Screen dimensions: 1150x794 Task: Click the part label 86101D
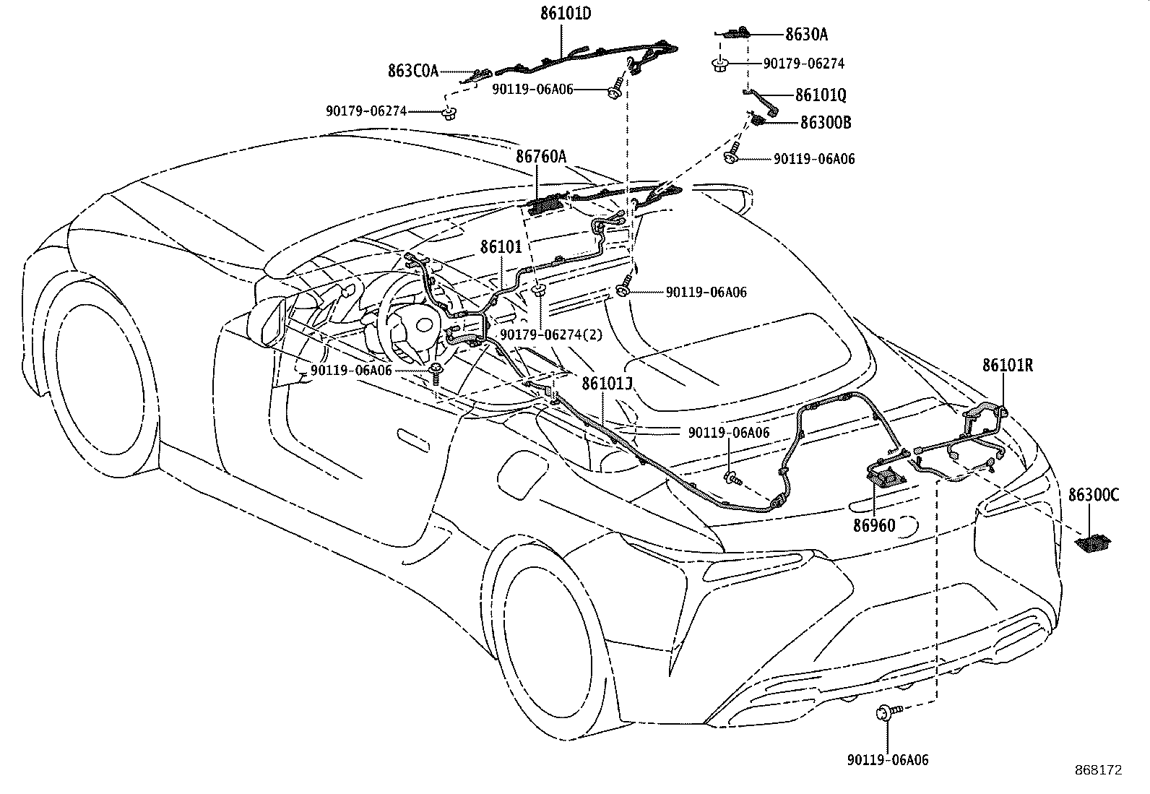565,14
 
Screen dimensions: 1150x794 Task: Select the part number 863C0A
413,71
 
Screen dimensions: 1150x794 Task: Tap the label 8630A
807,35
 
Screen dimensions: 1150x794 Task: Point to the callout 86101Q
821,95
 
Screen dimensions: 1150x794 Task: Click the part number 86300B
826,123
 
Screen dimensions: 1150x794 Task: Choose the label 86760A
541,156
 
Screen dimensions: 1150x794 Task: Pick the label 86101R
1008,365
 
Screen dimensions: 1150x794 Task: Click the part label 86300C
1094,495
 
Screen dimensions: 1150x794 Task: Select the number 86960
874,525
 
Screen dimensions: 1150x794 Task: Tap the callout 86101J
607,383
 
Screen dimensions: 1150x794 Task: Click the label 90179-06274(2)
551,335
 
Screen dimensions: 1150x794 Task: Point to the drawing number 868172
1099,770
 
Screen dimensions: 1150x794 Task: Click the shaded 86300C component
1093,543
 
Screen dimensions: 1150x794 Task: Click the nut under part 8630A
720,65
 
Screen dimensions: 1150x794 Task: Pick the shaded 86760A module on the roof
545,205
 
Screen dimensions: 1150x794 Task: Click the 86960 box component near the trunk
886,475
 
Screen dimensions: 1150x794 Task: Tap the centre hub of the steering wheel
423,325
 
